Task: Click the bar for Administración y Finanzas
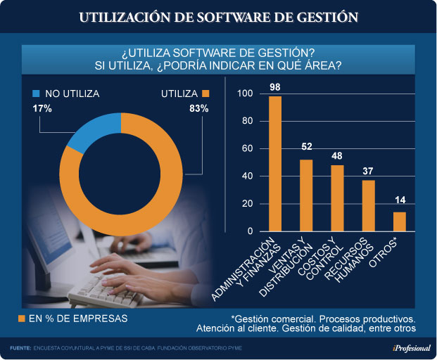275,164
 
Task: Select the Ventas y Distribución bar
306,195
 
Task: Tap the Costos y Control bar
337,198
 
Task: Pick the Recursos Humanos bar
369,206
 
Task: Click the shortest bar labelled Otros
400,221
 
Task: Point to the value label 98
275,87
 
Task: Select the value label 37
369,171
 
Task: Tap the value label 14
400,202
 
